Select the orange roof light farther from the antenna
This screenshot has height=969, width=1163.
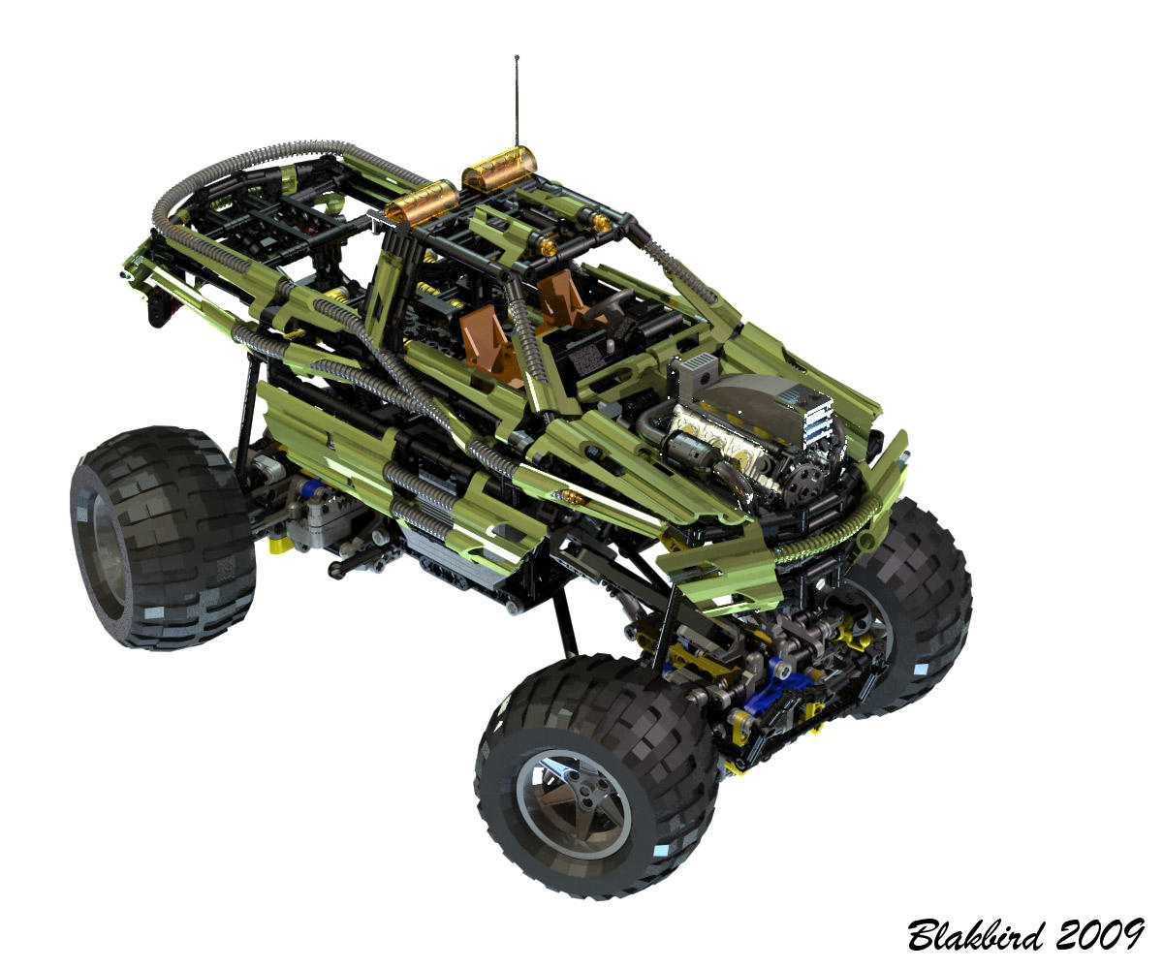coord(423,202)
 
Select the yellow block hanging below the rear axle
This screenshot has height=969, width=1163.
coord(281,545)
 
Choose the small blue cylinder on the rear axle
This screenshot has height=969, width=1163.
coord(309,488)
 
